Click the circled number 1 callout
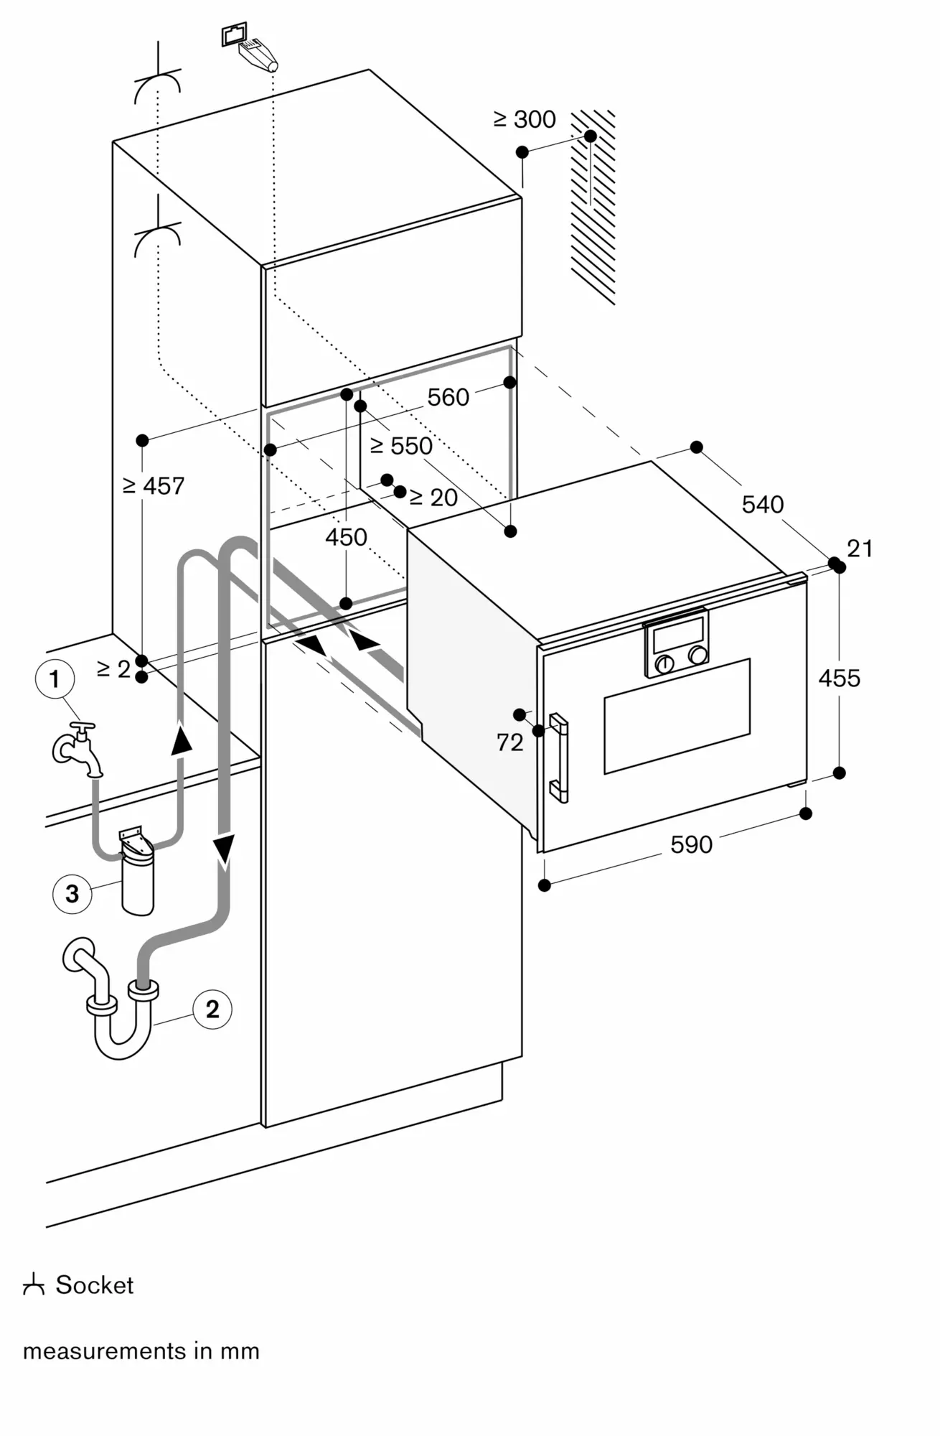point(55,679)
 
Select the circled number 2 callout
point(212,1009)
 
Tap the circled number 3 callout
point(72,894)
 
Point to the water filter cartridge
point(137,880)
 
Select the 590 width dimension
point(691,844)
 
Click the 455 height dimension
point(839,678)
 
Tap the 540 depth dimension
point(762,505)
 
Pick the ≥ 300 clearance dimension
point(525,119)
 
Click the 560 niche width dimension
point(448,397)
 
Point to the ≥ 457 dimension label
point(154,486)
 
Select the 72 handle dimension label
point(509,742)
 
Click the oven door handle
point(559,757)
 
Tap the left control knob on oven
point(664,664)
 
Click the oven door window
point(677,716)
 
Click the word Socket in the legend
point(95,1285)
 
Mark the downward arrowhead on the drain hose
point(225,848)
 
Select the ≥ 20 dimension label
point(433,497)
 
